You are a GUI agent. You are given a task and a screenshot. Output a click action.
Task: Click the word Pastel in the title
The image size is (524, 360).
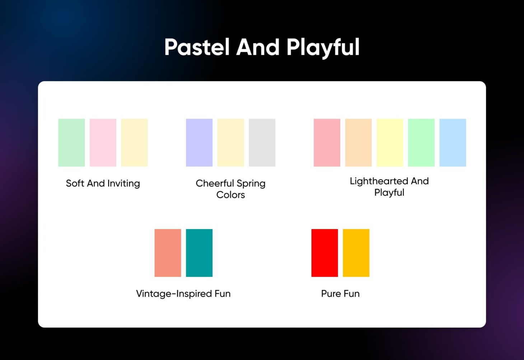(197, 47)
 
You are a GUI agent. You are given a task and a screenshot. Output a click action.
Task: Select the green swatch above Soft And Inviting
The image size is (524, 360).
(71, 142)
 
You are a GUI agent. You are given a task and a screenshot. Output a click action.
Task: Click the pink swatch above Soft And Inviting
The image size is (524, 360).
(103, 142)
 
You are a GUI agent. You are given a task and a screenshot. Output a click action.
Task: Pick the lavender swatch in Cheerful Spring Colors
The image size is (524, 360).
(199, 142)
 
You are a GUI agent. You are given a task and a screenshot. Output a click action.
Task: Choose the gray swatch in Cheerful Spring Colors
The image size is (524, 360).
(262, 142)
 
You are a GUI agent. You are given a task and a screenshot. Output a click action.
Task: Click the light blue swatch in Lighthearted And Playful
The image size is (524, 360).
(453, 142)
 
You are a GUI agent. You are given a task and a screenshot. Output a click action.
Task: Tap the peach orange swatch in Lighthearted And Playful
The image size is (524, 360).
(358, 142)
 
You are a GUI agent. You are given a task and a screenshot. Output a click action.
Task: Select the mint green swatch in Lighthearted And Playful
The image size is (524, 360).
(421, 142)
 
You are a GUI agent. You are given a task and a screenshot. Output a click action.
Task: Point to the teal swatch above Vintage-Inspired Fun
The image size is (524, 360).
(199, 253)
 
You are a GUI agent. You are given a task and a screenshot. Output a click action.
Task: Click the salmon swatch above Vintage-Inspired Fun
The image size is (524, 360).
(168, 253)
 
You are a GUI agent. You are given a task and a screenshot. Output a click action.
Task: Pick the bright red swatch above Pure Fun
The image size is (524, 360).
(324, 253)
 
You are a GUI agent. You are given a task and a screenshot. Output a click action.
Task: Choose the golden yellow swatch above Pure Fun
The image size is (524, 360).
(356, 253)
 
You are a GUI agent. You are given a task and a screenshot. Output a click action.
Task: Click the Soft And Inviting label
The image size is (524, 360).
(103, 183)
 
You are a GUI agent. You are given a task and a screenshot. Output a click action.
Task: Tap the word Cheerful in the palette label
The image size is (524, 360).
(215, 183)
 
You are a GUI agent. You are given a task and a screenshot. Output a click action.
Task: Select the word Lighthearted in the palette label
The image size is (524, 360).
(379, 181)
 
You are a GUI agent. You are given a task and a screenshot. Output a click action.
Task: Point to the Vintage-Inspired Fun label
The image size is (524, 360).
(183, 294)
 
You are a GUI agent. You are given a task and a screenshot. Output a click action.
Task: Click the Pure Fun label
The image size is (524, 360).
(340, 294)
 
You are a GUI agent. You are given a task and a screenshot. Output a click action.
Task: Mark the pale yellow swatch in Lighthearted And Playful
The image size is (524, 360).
(390, 142)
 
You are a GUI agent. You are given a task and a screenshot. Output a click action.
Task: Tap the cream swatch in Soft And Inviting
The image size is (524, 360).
(134, 142)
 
